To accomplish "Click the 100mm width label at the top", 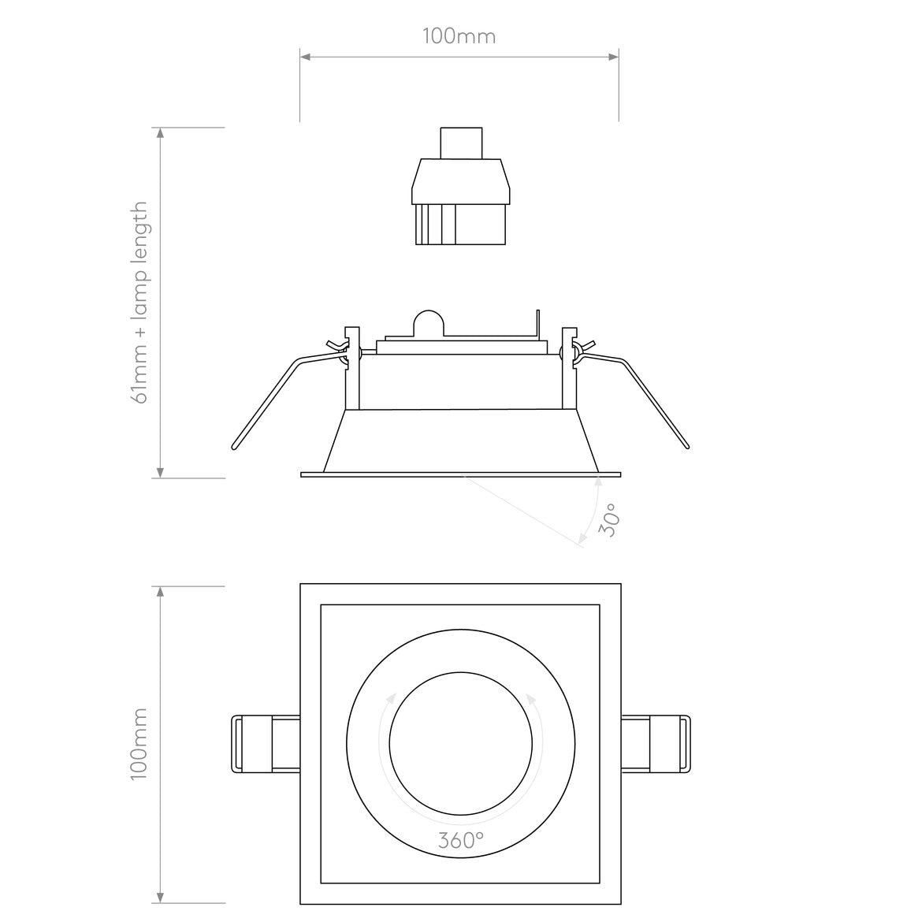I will tap(459, 36).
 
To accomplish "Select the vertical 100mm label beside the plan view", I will tap(139, 744).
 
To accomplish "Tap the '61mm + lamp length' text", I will tap(140, 303).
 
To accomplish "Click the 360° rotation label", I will tap(460, 840).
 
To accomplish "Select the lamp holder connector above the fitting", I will tap(460, 201).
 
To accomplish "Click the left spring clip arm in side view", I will tap(268, 402).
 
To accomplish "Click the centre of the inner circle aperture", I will tap(460, 744).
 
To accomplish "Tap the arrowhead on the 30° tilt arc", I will tap(582, 538).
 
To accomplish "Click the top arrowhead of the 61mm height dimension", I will tap(161, 133).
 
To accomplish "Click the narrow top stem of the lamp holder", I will tap(460, 142).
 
